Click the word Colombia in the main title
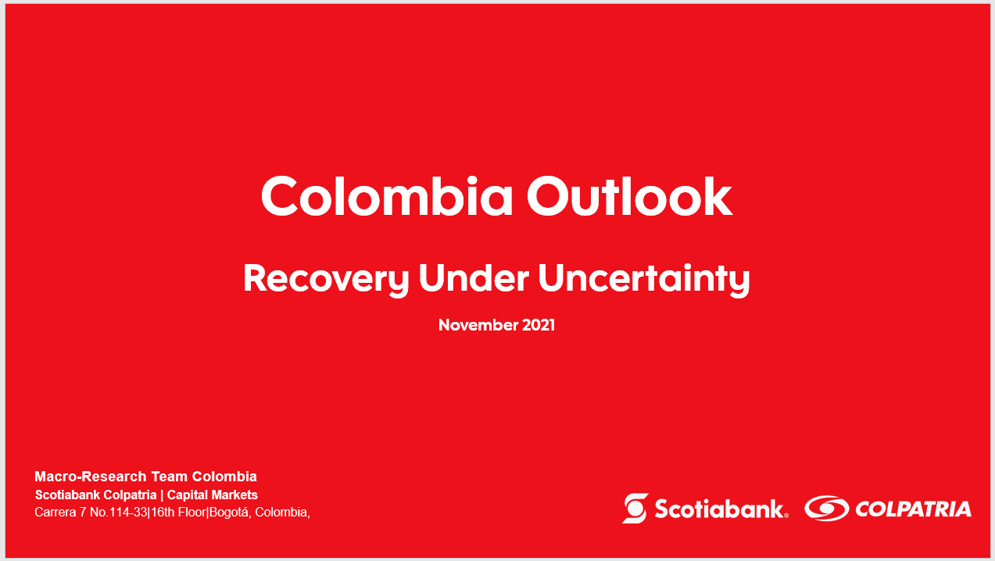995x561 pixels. [x=387, y=196]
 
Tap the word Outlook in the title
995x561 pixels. [x=629, y=196]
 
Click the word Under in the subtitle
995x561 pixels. [x=474, y=278]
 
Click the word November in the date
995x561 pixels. [x=478, y=325]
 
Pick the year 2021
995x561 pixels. [x=539, y=325]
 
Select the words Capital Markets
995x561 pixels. [x=213, y=495]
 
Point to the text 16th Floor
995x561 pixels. [x=178, y=513]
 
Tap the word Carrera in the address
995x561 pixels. [x=55, y=513]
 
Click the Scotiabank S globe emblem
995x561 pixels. [x=635, y=508]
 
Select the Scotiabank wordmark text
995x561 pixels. [x=721, y=509]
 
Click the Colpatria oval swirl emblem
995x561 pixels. [x=827, y=508]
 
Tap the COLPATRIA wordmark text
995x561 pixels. [x=913, y=509]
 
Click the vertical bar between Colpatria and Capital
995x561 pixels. [x=162, y=495]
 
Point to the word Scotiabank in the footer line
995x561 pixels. [x=66, y=495]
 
